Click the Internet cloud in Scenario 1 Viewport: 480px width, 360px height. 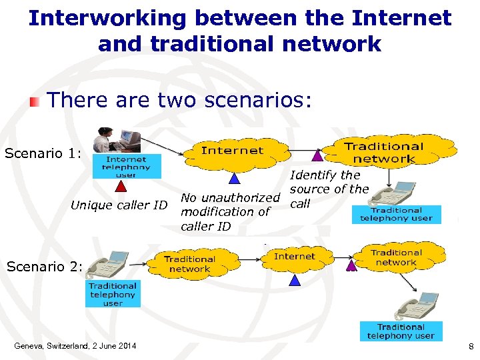[x=232, y=151]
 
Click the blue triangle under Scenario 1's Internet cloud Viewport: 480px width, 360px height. [x=234, y=178]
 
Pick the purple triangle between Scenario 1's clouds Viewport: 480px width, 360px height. [x=317, y=156]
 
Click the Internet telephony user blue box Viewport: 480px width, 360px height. [x=126, y=167]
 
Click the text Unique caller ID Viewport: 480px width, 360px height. [x=119, y=205]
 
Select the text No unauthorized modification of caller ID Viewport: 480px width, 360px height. [x=230, y=211]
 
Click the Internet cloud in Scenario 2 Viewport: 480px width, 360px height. [x=294, y=257]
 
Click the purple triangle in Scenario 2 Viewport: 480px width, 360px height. [x=351, y=265]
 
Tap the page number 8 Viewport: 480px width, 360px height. [x=471, y=346]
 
